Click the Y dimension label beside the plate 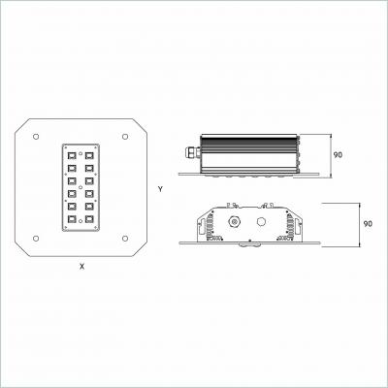point(158,187)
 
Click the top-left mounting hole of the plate point(35,135)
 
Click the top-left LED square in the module point(71,154)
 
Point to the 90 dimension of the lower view point(368,224)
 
